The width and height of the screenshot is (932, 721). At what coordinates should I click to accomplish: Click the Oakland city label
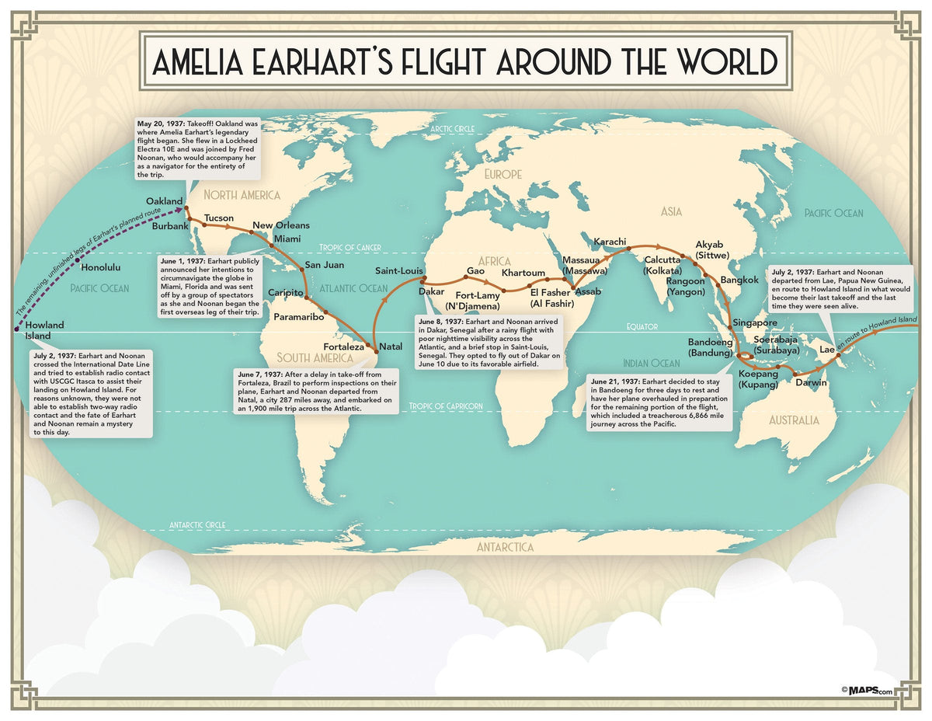[164, 201]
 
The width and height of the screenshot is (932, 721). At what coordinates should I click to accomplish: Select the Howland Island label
[44, 330]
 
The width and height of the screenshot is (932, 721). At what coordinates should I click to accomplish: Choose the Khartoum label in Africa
[523, 273]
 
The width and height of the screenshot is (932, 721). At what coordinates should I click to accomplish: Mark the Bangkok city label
[739, 280]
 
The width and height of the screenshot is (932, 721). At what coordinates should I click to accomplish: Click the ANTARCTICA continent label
[505, 548]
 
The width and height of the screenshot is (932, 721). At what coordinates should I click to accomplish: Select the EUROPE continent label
[503, 175]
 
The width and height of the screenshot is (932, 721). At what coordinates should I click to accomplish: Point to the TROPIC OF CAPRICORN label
[446, 406]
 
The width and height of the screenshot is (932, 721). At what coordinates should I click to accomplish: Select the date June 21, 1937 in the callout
[616, 382]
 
